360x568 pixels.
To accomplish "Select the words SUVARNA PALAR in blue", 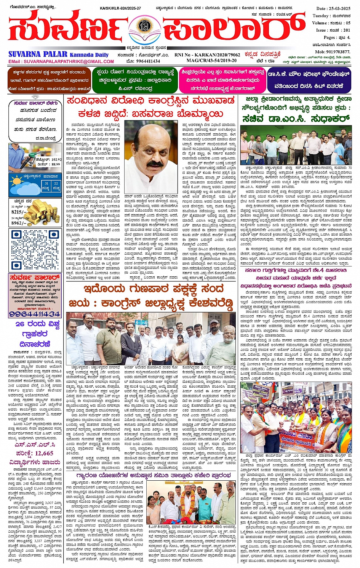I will [38, 54].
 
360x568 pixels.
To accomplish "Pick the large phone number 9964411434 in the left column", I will [35, 314].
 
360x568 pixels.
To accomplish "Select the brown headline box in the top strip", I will [50, 80].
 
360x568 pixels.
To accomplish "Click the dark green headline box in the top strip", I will [135, 80].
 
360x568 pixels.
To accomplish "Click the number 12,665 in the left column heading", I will [43, 453].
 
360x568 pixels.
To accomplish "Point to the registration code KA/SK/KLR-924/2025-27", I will [120, 8].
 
